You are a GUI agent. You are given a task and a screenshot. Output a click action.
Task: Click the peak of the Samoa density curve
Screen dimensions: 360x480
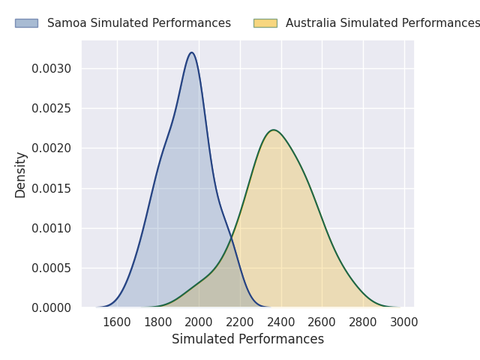tap(192, 52)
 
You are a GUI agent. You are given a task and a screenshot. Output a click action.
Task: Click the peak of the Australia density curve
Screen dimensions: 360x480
tap(274, 130)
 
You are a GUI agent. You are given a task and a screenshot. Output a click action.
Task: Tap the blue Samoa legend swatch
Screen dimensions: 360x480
tap(26, 23)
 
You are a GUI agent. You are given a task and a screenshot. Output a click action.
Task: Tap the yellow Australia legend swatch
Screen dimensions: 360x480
tap(265, 23)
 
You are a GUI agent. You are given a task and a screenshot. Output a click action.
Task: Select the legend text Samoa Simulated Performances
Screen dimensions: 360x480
tap(139, 23)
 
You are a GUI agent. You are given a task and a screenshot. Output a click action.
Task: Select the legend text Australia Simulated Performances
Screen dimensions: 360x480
tap(382, 23)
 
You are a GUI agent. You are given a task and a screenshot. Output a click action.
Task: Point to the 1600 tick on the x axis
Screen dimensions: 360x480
tap(117, 322)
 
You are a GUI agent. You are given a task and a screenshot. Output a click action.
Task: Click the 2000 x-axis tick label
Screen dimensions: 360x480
tap(199, 322)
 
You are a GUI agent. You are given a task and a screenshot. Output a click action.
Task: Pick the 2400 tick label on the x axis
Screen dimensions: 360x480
tap(281, 322)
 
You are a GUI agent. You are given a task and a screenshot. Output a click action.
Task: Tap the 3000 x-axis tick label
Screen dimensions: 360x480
tap(404, 322)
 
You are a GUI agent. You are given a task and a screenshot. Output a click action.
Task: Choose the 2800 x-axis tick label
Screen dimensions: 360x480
tap(363, 322)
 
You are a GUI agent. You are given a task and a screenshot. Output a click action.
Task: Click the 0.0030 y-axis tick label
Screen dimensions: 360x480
tap(52, 69)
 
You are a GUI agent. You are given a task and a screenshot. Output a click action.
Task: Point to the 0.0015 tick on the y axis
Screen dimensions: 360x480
tap(52, 188)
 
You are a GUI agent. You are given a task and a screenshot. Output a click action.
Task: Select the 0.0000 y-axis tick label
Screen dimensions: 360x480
tap(52, 307)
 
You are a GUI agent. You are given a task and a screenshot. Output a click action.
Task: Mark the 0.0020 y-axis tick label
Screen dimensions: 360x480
tap(52, 148)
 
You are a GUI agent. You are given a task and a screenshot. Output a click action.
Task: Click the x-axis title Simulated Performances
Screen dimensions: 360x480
tap(247, 339)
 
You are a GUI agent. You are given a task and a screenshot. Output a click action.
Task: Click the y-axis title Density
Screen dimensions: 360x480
tap(21, 174)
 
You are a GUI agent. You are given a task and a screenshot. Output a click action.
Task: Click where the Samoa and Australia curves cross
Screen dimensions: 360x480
tap(232, 240)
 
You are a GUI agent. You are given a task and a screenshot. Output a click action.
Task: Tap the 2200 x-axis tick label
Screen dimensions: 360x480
tap(240, 322)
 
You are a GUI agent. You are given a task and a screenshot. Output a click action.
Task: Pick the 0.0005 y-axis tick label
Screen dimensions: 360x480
tap(52, 268)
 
